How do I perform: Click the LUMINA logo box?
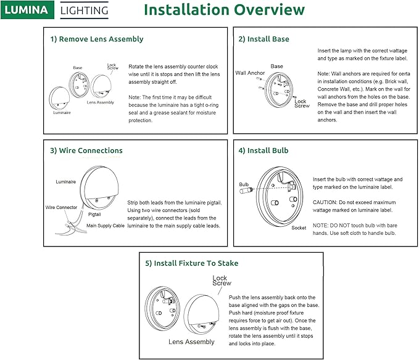28,10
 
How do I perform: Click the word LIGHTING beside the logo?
84,10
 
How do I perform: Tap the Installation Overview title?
224,10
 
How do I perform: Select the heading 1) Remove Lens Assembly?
97,39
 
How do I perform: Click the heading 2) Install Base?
263,39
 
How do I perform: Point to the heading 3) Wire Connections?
86,150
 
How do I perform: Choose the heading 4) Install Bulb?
263,150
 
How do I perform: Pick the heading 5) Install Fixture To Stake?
192,263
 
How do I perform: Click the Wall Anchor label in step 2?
250,73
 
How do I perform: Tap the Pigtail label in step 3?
94,214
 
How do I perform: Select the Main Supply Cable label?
104,226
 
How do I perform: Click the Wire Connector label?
62,208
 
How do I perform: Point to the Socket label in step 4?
299,227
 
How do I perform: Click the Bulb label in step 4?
244,184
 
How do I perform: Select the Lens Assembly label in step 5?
193,342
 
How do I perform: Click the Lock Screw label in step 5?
222,280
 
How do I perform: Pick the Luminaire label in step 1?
62,113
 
